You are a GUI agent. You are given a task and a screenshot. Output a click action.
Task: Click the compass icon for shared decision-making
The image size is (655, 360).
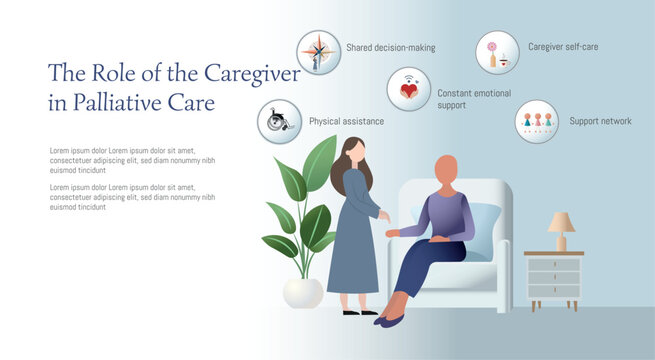click(319, 52)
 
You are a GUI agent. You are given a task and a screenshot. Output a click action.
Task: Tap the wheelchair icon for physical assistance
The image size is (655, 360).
click(279, 122)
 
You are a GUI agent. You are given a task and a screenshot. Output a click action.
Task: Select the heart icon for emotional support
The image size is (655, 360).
click(408, 89)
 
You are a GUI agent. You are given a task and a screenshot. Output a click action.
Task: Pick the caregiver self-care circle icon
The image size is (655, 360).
click(497, 52)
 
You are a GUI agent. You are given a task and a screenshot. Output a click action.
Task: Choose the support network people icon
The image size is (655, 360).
click(537, 121)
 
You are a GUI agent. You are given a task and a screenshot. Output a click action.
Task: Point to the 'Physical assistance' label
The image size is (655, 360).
click(346, 121)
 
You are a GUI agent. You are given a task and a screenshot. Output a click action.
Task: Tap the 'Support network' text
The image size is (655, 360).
click(601, 121)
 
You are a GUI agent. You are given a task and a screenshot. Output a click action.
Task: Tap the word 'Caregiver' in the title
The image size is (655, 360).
click(252, 73)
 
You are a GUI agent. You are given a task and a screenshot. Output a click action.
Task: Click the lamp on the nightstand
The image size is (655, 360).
click(561, 229)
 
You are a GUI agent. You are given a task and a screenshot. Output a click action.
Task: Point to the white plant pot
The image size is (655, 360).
click(303, 292)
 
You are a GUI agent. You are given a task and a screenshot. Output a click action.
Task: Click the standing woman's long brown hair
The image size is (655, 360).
click(346, 160)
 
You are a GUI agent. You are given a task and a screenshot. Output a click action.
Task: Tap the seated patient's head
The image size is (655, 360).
click(447, 170)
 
